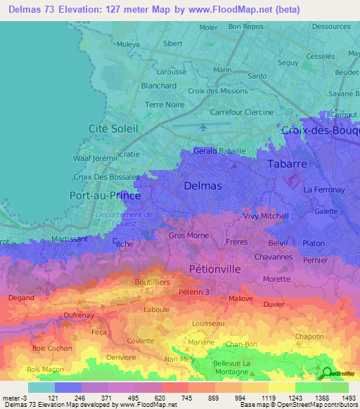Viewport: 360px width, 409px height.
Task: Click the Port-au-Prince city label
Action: point(106,195)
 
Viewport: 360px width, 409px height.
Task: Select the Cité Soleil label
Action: point(113,128)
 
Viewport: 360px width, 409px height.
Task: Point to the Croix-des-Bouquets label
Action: point(320,130)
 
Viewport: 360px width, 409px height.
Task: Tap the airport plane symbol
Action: point(204,127)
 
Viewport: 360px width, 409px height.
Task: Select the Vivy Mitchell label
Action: point(266,216)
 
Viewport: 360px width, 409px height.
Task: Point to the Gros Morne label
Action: point(186,235)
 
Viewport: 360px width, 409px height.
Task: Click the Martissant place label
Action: point(70,239)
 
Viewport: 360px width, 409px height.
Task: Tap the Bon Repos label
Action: point(245,27)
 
